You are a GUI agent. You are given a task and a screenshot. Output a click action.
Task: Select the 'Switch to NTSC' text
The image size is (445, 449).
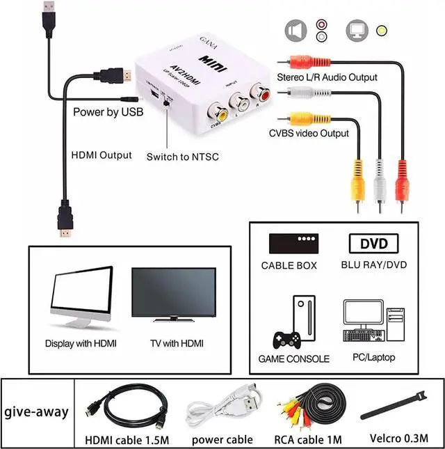(182, 157)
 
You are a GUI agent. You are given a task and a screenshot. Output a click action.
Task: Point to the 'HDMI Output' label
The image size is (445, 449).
(102, 155)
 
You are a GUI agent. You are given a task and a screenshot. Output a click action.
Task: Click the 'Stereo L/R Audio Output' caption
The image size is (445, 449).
(327, 77)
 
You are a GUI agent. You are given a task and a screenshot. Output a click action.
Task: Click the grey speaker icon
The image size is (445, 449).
(296, 30)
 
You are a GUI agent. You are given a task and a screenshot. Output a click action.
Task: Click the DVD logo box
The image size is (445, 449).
(373, 244)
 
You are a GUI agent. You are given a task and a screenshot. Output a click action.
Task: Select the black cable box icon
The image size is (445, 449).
(289, 243)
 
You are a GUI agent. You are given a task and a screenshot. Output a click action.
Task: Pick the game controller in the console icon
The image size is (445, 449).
(286, 340)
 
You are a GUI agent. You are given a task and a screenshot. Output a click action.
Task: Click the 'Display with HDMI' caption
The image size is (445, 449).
(81, 343)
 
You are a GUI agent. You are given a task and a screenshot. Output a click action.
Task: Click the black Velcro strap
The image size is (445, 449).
(396, 405)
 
